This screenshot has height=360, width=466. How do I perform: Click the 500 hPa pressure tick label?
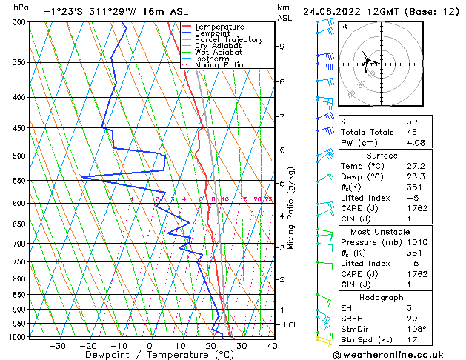pos(19,156)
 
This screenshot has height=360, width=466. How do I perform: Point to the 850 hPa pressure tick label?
pos(19,295)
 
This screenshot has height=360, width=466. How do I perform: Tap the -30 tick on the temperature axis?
pos(56,346)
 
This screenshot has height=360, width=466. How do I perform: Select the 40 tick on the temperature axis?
pos(272,346)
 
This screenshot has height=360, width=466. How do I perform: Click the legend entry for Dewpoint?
pos(213,33)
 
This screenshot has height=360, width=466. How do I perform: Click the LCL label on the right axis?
pos(291,325)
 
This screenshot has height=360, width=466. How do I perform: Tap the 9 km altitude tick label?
pos(282,47)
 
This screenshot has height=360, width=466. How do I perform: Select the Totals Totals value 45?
pos(411,133)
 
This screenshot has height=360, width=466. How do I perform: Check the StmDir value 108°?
pos(416,329)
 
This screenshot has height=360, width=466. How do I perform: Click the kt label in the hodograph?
pos(344,27)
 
